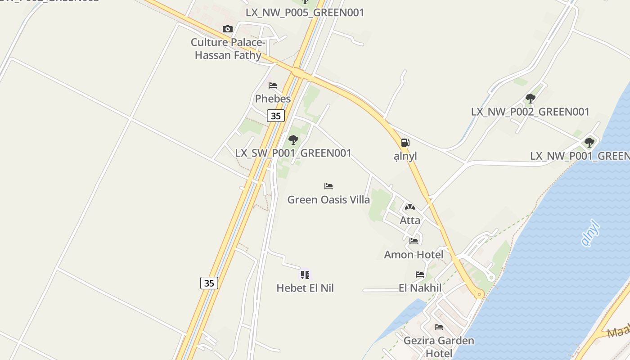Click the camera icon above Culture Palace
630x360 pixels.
[x=228, y=29]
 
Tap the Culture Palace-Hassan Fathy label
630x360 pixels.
[x=228, y=49]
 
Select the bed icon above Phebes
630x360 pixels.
[x=273, y=85]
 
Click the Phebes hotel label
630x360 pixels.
[x=273, y=99]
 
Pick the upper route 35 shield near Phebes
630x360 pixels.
[x=275, y=116]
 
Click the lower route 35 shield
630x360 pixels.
[x=209, y=283]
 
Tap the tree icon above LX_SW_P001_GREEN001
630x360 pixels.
[x=293, y=140]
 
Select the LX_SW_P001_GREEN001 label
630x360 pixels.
[x=293, y=153]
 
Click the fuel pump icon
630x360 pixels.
[x=405, y=143]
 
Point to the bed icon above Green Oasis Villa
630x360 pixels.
[x=328, y=186]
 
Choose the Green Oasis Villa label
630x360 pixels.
[x=328, y=199]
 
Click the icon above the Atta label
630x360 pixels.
[x=409, y=207]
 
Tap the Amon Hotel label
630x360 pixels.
[x=414, y=255]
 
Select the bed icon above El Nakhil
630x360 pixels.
[x=420, y=274]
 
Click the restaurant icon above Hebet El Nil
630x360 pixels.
[x=305, y=274]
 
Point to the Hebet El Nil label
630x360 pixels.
[x=305, y=288]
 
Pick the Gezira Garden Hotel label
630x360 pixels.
[x=439, y=346]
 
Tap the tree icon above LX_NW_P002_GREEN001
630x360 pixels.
[x=530, y=98]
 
